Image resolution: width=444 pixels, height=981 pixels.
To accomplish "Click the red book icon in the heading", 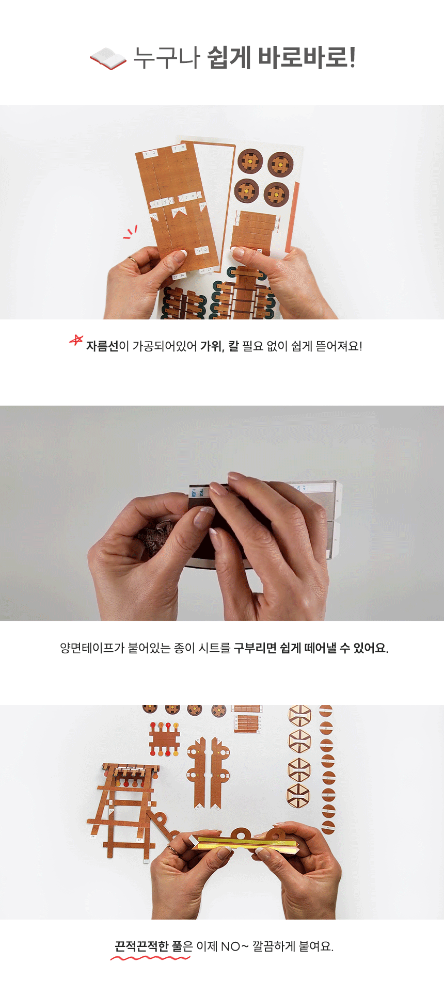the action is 108,58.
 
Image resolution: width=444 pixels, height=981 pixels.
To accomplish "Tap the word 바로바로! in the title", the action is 307,58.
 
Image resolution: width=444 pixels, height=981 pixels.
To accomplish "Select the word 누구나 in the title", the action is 167,58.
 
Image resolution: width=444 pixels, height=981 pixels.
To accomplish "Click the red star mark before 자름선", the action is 76,341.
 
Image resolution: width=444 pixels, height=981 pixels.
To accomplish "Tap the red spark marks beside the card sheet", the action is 130,232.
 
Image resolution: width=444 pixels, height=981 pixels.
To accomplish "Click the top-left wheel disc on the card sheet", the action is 250,162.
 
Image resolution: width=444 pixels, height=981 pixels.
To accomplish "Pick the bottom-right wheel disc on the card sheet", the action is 276,195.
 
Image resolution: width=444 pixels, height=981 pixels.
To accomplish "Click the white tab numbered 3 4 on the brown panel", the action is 179,148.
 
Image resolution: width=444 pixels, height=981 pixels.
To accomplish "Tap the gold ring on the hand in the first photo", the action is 133,261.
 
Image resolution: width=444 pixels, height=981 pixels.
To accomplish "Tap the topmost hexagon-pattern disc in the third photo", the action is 300,716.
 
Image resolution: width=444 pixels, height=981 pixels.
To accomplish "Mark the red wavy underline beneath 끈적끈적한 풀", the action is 150,958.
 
